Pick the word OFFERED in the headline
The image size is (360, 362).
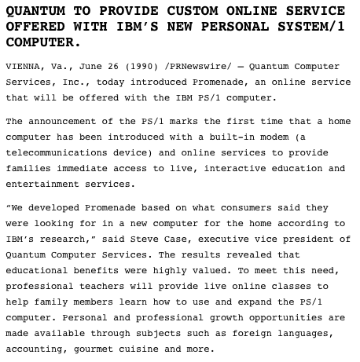[34, 26]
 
